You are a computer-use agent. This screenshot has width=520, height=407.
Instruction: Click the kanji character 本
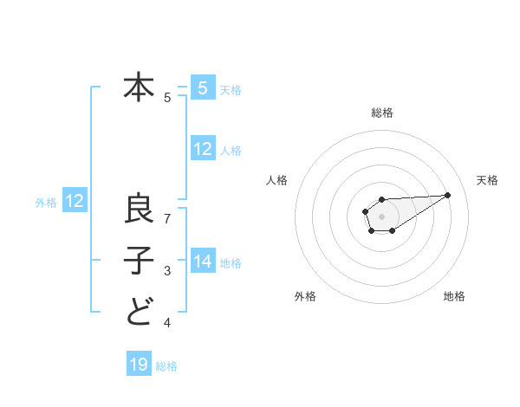[139, 87]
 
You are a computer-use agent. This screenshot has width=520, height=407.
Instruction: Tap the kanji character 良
[139, 209]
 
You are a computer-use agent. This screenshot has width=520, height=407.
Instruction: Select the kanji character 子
[139, 260]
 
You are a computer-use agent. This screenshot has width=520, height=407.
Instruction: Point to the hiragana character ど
[139, 311]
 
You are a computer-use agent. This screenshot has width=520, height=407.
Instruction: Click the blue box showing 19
[139, 365]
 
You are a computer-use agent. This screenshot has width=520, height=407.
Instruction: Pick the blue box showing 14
[203, 262]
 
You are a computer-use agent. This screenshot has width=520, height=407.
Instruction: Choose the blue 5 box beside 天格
[203, 88]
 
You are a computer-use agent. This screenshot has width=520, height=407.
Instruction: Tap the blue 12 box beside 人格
[203, 149]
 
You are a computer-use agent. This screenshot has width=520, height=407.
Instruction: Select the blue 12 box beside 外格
[75, 201]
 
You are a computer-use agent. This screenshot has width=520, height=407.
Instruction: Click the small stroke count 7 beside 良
[167, 219]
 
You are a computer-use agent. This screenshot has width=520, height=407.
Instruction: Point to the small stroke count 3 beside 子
[167, 271]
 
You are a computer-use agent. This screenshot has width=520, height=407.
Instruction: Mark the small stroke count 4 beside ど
[167, 323]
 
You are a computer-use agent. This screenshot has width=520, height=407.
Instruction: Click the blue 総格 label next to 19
[166, 366]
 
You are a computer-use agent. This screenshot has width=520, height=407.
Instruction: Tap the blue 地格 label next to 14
[231, 262]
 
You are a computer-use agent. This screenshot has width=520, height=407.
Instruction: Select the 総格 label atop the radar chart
[381, 113]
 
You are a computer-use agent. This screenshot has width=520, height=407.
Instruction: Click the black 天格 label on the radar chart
[488, 180]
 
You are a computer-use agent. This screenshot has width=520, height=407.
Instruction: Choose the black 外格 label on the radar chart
[305, 297]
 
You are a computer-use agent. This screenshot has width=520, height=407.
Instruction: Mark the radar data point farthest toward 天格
[448, 194]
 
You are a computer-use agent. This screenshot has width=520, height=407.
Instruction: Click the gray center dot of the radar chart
[381, 215]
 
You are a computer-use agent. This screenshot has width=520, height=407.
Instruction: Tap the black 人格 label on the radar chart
[277, 180]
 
